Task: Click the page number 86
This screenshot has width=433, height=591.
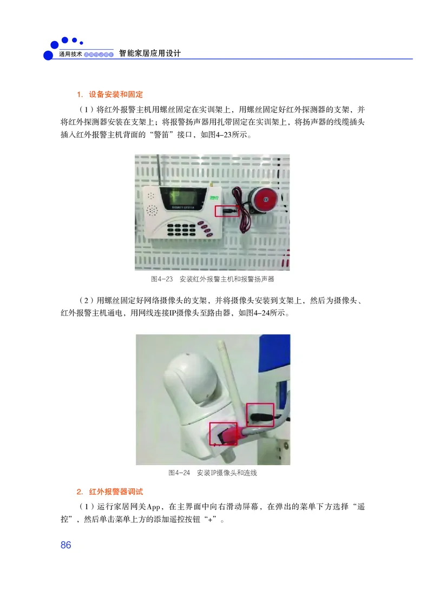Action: point(66,545)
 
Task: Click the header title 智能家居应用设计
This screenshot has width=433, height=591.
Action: point(149,53)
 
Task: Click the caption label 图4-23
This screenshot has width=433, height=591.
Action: point(161,279)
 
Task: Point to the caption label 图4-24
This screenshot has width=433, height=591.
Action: point(179,473)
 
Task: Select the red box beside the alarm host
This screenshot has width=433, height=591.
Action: point(227,210)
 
